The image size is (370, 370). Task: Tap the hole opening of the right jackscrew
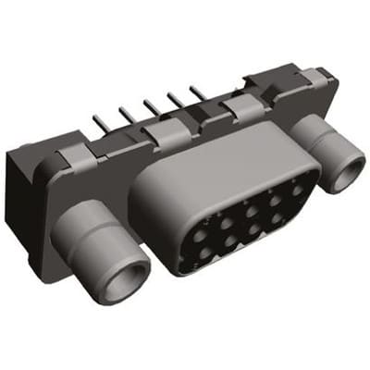point(349,172)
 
